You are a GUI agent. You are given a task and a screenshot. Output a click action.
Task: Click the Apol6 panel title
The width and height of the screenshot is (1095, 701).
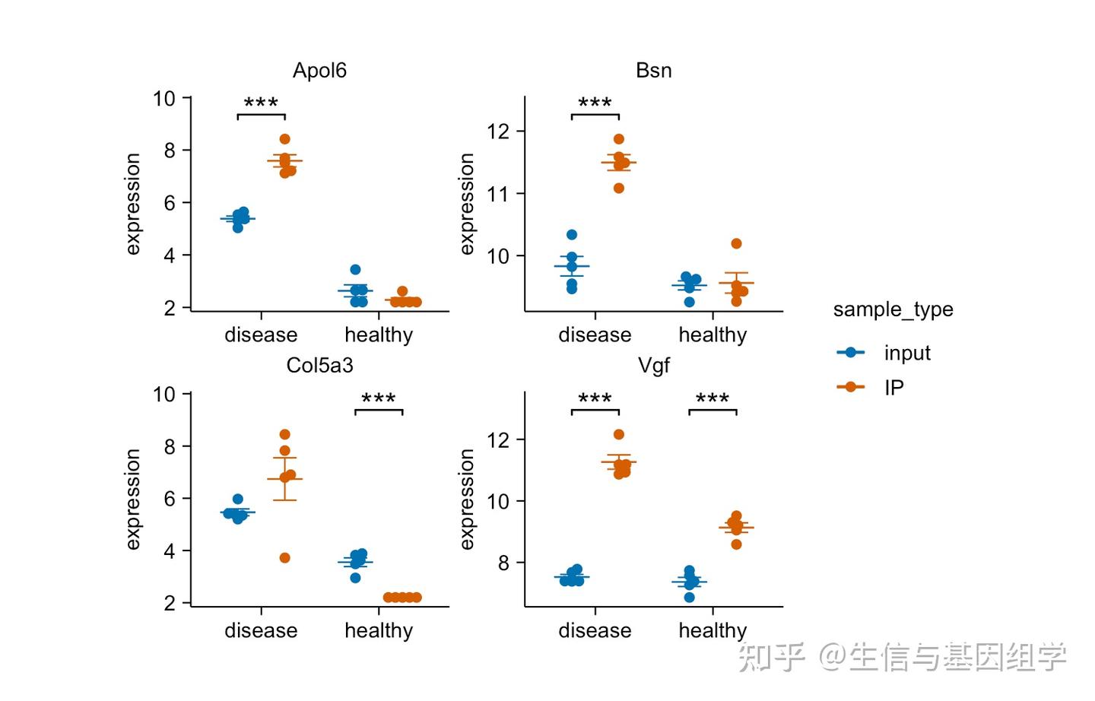[x=319, y=71]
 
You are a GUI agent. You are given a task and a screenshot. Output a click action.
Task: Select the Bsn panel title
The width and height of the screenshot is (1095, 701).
[x=653, y=71]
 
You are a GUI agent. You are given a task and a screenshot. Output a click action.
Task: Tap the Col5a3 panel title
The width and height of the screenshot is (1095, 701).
[x=319, y=366]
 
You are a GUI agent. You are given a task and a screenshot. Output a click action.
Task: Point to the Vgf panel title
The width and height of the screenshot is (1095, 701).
[x=653, y=366]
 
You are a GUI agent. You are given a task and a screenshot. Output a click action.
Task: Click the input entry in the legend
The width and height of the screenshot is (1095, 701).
[x=906, y=353]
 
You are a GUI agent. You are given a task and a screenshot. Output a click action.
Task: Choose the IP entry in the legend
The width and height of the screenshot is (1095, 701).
[x=893, y=388]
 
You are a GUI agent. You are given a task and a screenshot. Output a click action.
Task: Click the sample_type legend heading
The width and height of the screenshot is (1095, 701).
[x=893, y=309]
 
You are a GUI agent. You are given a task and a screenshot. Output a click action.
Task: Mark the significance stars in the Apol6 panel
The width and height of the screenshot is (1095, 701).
[x=261, y=103]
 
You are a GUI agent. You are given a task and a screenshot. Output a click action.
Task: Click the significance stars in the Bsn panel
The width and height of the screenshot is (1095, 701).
[x=595, y=103]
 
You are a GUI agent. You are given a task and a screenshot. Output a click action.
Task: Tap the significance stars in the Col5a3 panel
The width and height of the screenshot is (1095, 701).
[x=378, y=399]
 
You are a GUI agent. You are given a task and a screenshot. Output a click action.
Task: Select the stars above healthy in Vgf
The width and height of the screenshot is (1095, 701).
[x=713, y=399]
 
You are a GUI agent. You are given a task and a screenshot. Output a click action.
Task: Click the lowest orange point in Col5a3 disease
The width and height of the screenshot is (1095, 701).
[x=284, y=558]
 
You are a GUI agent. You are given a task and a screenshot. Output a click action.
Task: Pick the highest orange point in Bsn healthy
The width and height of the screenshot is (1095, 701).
[x=736, y=244]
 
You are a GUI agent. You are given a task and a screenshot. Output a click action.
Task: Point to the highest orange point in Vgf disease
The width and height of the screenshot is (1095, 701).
[x=619, y=435]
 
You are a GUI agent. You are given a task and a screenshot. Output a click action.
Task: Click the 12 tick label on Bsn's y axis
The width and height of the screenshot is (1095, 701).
[x=498, y=132]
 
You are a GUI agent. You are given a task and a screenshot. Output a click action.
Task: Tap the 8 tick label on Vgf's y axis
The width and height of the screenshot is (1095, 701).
[x=503, y=563]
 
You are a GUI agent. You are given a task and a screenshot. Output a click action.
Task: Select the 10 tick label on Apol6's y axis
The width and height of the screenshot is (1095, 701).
[x=163, y=99]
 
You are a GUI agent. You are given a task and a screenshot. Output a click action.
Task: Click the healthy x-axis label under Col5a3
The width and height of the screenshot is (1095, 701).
[x=378, y=630]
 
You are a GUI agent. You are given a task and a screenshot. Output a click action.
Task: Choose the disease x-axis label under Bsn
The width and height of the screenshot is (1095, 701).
[x=595, y=335]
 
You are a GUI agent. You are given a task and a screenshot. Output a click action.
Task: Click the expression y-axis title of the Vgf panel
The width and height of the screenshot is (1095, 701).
[x=467, y=499]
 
